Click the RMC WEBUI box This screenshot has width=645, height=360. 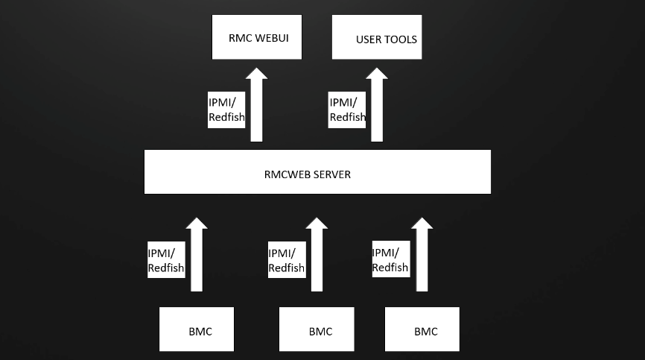tap(257, 37)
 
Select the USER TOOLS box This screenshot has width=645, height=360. tap(377, 37)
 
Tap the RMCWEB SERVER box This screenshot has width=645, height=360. tap(317, 172)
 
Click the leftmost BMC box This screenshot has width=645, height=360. tap(197, 329)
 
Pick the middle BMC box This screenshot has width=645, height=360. tap(317, 329)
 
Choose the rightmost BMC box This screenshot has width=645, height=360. tap(422, 329)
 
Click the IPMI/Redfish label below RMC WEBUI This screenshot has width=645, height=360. tap(226, 110)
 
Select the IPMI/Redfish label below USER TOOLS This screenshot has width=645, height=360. tap(347, 110)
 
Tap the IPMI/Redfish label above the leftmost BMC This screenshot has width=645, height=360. tap(165, 260)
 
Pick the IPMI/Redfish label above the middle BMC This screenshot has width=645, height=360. tap(286, 260)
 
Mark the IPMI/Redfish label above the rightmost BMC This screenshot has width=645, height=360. tap(390, 260)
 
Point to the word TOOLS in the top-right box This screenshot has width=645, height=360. tap(401, 39)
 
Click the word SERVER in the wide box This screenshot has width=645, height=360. tap(333, 174)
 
